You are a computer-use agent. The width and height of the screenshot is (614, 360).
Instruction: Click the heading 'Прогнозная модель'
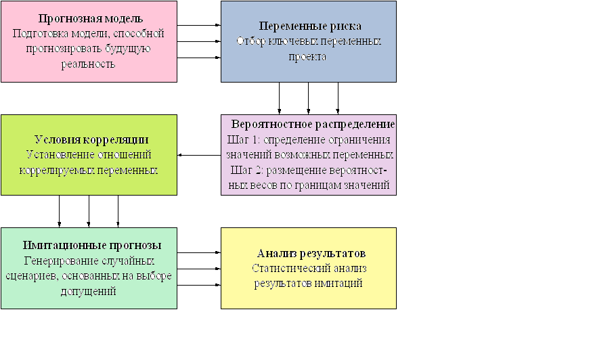pyautogui.click(x=91, y=18)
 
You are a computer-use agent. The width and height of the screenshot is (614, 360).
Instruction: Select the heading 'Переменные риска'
pyautogui.click(x=310, y=26)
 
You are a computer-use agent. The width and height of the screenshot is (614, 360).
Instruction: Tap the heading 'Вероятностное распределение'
pyautogui.click(x=313, y=124)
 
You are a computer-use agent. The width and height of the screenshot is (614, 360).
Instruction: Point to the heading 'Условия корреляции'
pyautogui.click(x=91, y=139)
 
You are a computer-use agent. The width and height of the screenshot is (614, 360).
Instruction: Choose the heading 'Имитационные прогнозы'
pyautogui.click(x=92, y=246)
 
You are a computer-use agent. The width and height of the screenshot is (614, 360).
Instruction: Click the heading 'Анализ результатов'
pyautogui.click(x=311, y=254)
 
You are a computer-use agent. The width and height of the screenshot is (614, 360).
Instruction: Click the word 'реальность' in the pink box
pyautogui.click(x=88, y=64)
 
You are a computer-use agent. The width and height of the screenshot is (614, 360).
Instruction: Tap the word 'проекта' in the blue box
pyautogui.click(x=307, y=57)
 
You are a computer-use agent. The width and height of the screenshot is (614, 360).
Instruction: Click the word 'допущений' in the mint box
pyautogui.click(x=89, y=292)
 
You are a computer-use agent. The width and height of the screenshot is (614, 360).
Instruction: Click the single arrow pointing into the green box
pyautogui.click(x=199, y=156)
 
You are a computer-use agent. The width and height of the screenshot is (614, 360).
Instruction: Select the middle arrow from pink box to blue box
pyautogui.click(x=199, y=41)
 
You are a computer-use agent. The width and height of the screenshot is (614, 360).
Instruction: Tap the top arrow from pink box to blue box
pyautogui.click(x=199, y=25)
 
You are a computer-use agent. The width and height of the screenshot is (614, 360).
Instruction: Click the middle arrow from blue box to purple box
pyautogui.click(x=309, y=98)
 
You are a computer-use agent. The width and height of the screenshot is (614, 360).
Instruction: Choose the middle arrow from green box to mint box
pyautogui.click(x=89, y=211)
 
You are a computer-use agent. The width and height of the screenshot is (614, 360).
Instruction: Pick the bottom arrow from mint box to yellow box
pyautogui.click(x=199, y=286)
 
